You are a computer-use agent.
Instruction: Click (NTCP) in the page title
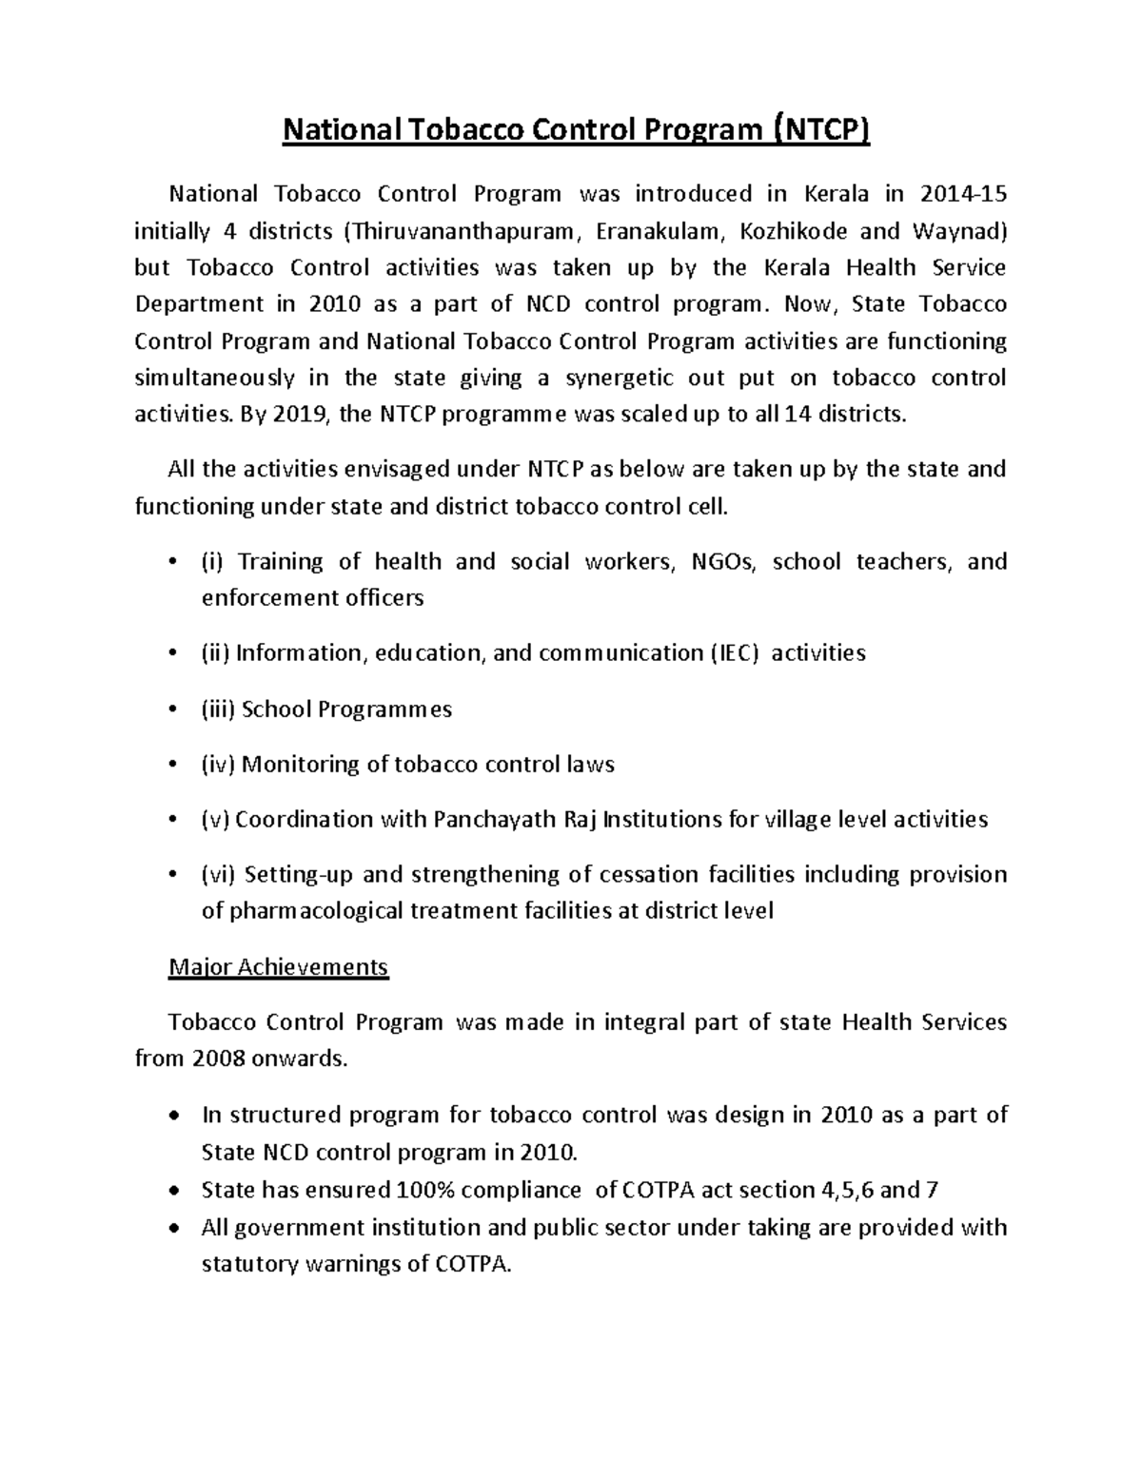(819, 129)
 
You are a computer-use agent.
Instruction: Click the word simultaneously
(215, 379)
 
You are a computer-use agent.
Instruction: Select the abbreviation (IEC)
(734, 653)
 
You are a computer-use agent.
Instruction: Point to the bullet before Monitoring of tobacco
(171, 765)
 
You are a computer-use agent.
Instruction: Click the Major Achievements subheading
(278, 967)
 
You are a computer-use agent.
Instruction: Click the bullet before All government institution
(171, 1228)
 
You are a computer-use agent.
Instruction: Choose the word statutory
(250, 1265)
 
